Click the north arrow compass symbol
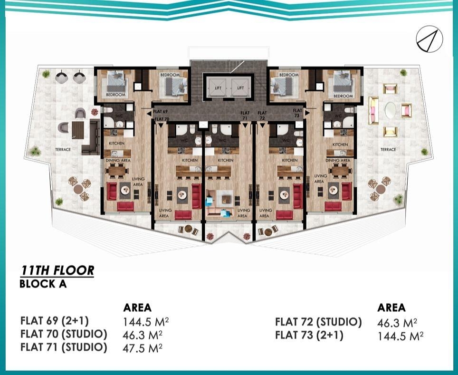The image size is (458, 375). [x=429, y=38]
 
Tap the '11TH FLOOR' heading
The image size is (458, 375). [x=57, y=271]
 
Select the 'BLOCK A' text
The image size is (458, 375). [x=43, y=284]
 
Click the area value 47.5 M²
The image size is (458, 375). [x=143, y=347]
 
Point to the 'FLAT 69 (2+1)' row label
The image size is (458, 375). [x=54, y=320]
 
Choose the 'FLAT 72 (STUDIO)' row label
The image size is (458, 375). [x=318, y=322]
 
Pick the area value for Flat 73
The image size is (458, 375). [x=400, y=336]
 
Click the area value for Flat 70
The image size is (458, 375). [x=143, y=334]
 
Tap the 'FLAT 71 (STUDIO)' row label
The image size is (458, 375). [x=64, y=347]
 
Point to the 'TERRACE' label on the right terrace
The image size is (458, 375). [x=388, y=149]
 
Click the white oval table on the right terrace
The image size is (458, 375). [x=390, y=110]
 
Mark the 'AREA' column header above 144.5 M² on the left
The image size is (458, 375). [x=137, y=308]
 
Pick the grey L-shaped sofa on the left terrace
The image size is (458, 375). [x=90, y=138]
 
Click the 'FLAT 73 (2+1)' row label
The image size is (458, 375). [x=309, y=336]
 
